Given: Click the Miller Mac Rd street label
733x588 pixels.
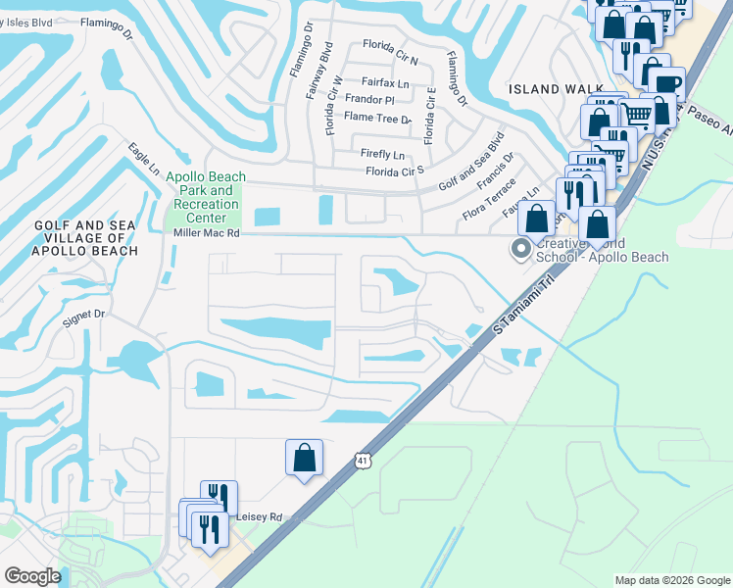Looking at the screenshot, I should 206,233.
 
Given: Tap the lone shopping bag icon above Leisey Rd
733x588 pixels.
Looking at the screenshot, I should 304,457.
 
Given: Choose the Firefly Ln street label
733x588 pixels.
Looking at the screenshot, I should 382,155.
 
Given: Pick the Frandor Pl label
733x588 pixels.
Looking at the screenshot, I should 370,100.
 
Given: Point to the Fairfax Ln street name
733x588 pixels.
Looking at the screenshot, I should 384,82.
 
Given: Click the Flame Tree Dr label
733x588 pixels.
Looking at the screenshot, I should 378,119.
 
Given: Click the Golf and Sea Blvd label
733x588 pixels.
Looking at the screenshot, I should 471,161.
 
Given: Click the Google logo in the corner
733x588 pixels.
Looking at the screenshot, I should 32,575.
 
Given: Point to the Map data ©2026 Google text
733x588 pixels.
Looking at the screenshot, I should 671,580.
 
